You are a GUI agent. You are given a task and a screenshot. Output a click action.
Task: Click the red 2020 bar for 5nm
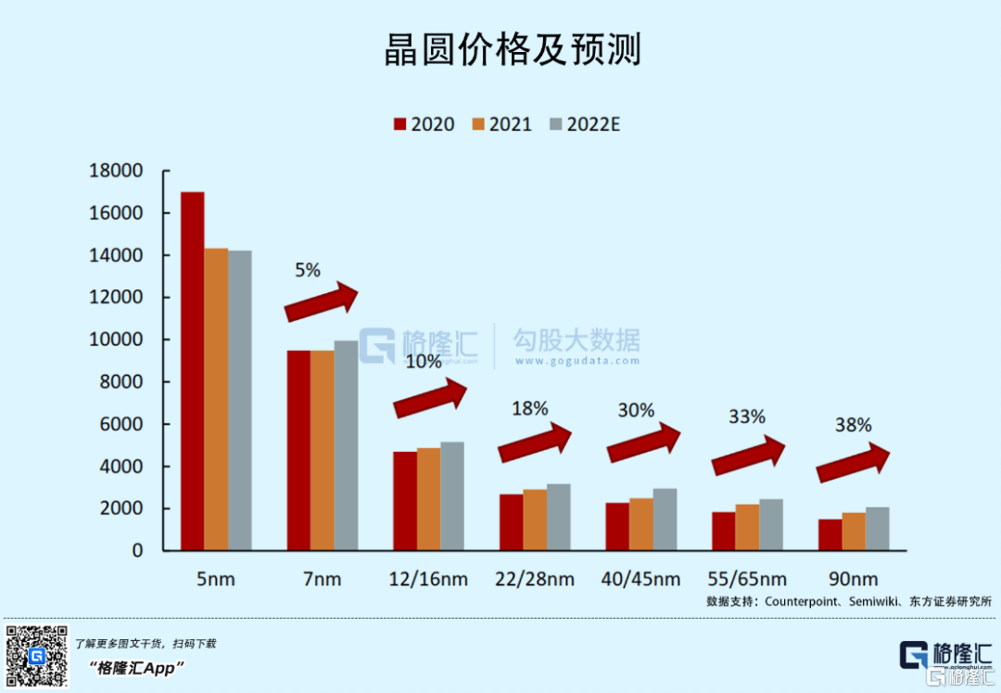pos(193,371)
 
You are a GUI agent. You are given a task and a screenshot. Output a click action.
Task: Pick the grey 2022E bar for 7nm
pos(346,445)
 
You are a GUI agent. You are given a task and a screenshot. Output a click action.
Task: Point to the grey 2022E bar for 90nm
pos(877,529)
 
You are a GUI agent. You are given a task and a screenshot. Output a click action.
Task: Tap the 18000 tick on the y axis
pos(116,171)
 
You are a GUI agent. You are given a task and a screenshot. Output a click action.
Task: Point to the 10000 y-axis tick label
pos(116,340)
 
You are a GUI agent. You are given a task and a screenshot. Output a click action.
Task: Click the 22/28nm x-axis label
pos(535,580)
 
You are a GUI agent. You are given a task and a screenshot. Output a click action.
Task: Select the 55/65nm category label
pos(747,580)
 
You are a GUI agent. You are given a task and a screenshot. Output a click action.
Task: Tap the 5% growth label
pos(307,271)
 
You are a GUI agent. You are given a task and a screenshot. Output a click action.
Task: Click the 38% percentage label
pos(853,425)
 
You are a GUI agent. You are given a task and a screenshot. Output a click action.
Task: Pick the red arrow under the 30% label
pos(645,442)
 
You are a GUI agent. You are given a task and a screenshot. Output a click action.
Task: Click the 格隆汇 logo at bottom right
pos(945,655)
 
